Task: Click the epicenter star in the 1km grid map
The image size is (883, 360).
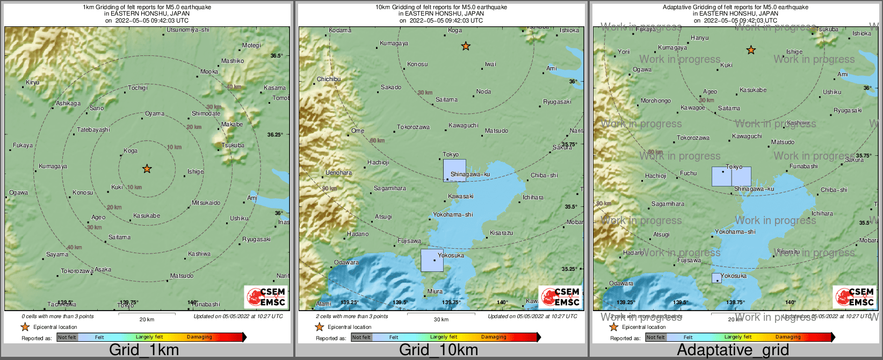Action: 147,169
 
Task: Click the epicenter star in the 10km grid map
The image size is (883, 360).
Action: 466,46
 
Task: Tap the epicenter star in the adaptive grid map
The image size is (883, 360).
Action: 751,50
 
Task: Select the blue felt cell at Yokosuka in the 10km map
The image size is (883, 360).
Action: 432,260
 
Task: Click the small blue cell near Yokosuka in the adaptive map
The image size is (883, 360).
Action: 716,278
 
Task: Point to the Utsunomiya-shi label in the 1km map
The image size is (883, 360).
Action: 187,30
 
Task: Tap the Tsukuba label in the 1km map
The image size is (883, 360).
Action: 233,145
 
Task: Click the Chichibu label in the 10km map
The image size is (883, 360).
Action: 328,79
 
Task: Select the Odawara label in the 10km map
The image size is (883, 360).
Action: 346,262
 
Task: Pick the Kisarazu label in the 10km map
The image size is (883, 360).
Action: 501,233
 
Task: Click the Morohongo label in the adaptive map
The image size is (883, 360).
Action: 655,100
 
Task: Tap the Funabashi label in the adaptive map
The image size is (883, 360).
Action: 803,166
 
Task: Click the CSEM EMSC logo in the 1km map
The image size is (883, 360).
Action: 265,297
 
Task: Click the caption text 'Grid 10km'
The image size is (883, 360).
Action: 438,350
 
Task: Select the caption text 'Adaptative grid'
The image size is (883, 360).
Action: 733,350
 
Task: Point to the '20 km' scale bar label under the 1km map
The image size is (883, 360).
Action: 147,319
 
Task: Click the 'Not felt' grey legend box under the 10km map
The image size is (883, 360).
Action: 361,337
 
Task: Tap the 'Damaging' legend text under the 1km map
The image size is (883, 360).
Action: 199,337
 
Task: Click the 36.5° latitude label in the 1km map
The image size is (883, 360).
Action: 276,56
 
